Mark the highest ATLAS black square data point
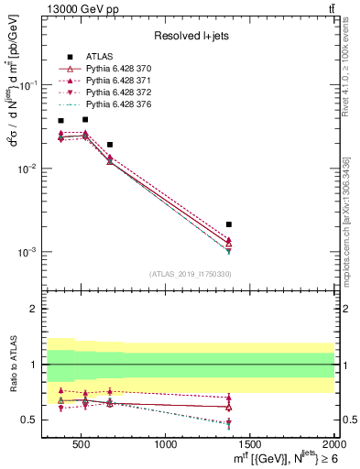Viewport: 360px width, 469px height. point(85,119)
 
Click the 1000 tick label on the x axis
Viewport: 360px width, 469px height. point(167,446)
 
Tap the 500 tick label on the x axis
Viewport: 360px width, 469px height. point(82,446)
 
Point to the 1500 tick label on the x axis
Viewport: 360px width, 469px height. point(250,446)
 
